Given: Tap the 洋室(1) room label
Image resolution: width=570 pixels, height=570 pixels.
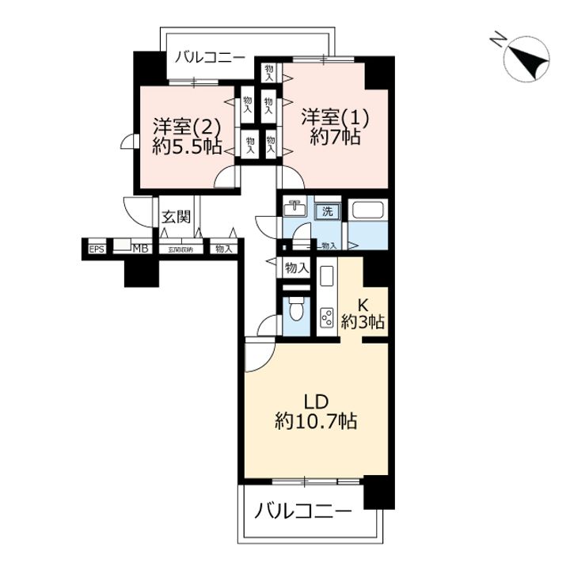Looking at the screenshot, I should [335, 116].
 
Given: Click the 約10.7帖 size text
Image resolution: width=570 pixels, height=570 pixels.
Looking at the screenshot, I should [316, 422].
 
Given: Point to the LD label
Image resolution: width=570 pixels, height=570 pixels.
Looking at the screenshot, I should [316, 400].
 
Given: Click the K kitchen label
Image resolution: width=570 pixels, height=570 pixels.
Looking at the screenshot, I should [363, 303].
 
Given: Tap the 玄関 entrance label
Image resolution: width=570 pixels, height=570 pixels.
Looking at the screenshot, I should [175, 216].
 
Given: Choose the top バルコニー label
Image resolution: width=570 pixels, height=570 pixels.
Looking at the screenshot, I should [211, 57].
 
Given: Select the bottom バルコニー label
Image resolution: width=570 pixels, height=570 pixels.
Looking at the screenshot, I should [303, 511].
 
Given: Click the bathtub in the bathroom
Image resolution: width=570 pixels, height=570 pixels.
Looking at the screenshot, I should [368, 211].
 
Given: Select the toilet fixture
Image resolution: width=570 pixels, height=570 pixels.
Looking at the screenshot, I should [296, 307].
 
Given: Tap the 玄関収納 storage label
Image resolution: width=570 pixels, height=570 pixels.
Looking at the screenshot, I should [180, 249].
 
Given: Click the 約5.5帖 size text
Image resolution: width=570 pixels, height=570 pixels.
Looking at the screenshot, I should [187, 146].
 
